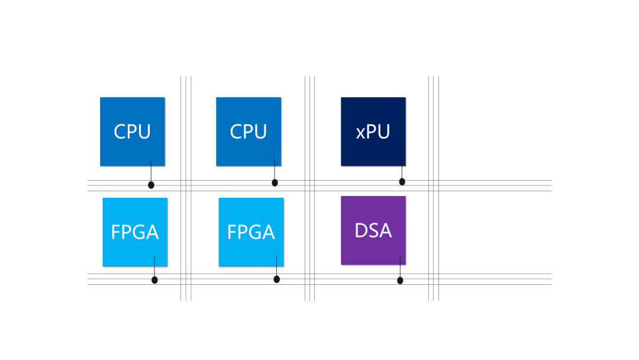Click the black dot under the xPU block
402,182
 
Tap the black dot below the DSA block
400,280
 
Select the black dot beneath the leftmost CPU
151,185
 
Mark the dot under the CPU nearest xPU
275,182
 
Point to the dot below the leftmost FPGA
154,279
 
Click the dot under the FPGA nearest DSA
276,279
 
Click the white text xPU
373,131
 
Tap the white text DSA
373,230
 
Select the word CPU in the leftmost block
132,131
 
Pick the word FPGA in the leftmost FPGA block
135,232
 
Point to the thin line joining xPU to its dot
402,172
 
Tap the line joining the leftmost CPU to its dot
151,173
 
